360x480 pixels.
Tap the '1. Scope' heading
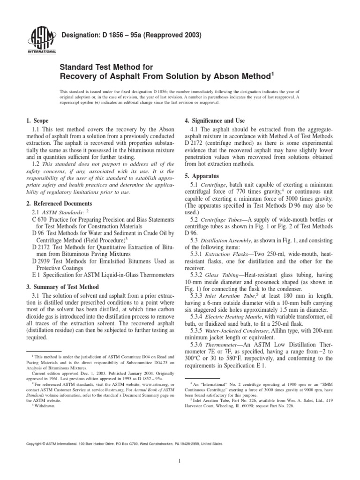click(38, 121)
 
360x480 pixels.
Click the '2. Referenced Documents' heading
click(60, 203)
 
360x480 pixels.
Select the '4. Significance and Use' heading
click(215, 121)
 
